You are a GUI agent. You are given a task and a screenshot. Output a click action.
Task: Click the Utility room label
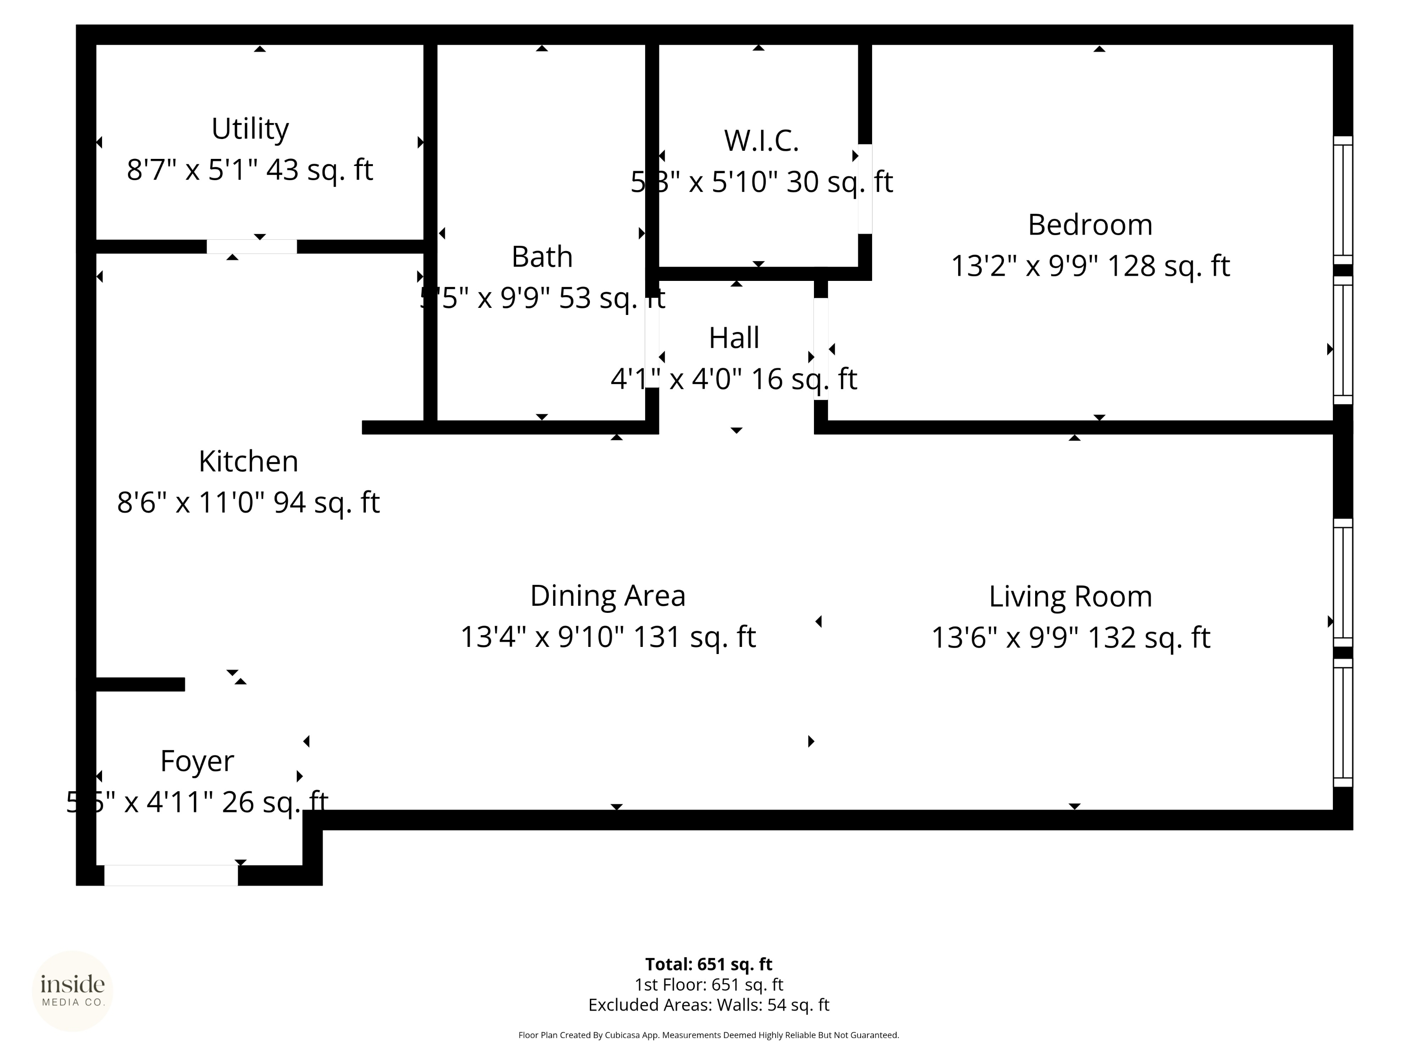[x=250, y=129]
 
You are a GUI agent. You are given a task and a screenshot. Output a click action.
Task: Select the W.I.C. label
[x=761, y=140]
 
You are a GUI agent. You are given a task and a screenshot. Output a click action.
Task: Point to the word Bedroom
[x=1090, y=225]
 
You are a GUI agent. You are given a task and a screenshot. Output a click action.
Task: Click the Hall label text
[x=734, y=338]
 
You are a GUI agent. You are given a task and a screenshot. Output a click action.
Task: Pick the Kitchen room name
[x=248, y=461]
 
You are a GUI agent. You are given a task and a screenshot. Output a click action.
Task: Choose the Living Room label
[x=1070, y=596]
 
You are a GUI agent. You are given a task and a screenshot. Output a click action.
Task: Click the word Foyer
[x=197, y=761]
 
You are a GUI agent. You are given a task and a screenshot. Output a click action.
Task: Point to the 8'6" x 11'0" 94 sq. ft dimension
[x=248, y=502]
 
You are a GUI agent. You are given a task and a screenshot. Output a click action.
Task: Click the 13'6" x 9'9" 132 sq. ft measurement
[x=1070, y=637]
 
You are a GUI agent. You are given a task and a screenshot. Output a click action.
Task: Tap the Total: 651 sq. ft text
[x=709, y=964]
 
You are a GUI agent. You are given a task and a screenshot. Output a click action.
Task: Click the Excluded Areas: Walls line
[x=709, y=1005]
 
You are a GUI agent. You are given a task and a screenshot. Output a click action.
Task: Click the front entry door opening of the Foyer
[x=171, y=875]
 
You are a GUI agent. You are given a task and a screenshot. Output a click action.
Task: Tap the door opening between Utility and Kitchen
[x=251, y=246]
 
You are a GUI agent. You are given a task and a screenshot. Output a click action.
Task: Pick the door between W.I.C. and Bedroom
[x=865, y=189]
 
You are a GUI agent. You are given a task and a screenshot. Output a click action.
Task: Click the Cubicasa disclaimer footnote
[x=709, y=1035]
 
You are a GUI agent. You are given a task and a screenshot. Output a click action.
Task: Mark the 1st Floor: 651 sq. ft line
[x=709, y=985]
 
